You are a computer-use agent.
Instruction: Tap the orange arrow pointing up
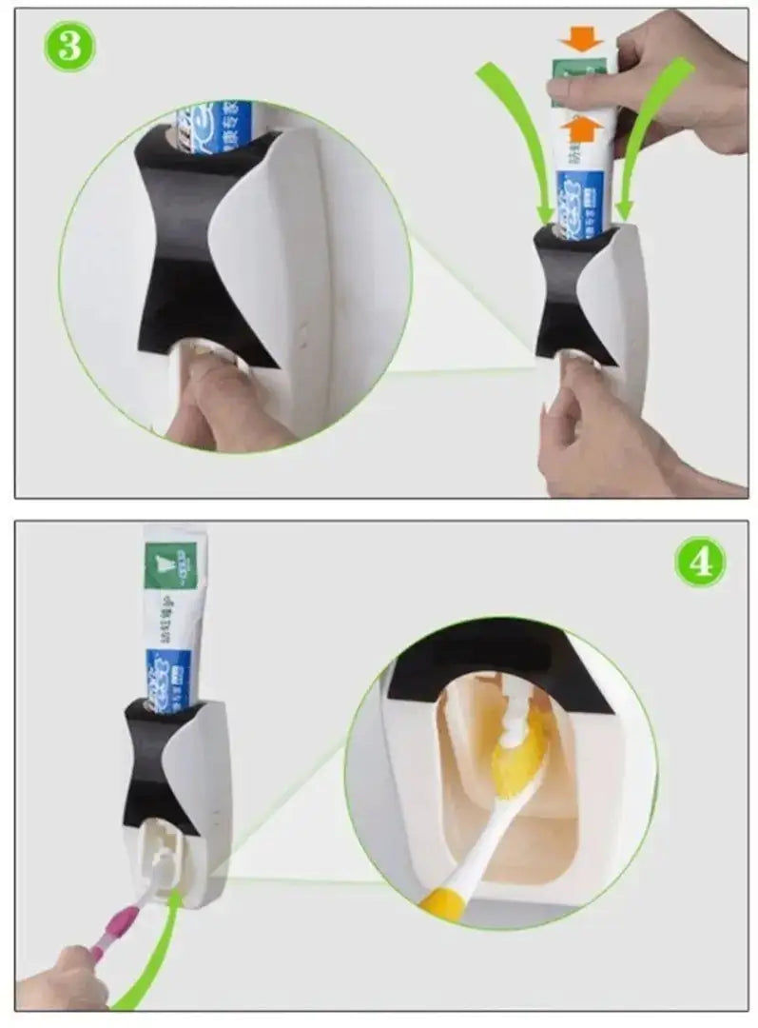click(582, 127)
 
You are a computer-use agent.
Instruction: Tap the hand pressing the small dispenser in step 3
click(590, 428)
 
